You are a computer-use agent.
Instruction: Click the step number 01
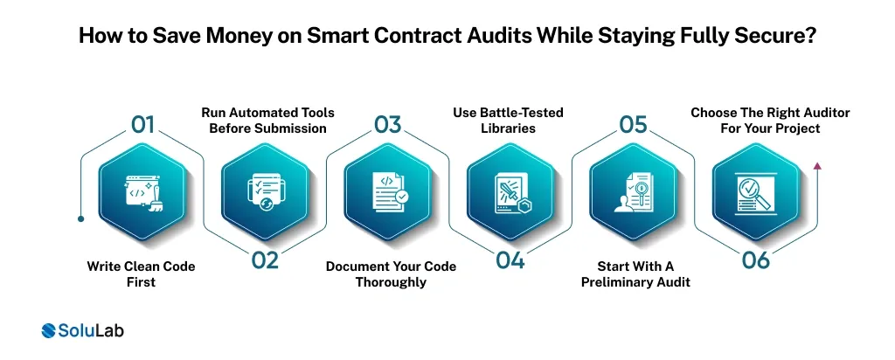[x=143, y=124]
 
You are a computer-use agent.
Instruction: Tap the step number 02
[x=264, y=261]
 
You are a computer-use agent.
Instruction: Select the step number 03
[x=387, y=124]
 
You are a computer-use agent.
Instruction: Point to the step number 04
[x=510, y=261]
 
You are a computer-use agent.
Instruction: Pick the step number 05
[x=633, y=124]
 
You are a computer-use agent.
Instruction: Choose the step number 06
[x=755, y=261]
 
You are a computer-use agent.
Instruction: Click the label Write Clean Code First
[x=142, y=273]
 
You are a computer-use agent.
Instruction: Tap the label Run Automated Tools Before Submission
[x=267, y=121]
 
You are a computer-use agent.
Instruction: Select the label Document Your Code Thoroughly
[x=390, y=273]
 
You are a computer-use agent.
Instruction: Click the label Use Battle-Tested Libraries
[x=508, y=121]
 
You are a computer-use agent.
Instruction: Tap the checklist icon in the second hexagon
[x=264, y=191]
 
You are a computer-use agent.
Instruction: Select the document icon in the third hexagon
[x=387, y=191]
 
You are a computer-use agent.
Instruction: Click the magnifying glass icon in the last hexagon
[x=757, y=193]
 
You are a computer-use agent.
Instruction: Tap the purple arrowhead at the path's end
[x=816, y=164]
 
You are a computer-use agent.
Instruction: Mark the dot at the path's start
[x=80, y=219]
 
